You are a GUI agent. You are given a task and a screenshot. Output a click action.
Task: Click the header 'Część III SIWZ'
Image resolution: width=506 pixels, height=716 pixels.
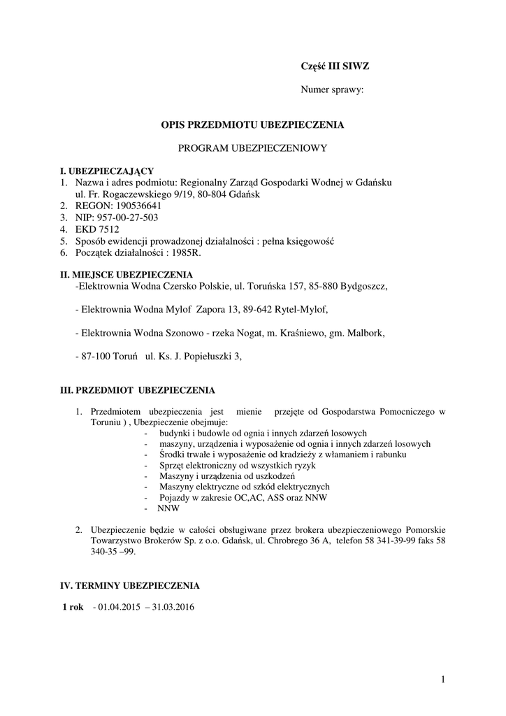coord(330,66)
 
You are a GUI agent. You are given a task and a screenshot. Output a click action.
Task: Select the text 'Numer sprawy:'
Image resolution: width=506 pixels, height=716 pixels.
coord(332,89)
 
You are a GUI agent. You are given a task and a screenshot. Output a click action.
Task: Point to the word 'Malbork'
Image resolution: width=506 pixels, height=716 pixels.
coord(366,333)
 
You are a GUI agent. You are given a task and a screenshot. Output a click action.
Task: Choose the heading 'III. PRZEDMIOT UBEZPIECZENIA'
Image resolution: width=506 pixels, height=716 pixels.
coord(138,389)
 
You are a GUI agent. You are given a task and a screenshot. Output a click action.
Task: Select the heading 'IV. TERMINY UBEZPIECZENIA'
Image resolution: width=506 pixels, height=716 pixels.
coord(130,585)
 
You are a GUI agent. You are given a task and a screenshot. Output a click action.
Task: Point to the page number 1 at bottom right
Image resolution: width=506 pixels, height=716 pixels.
coord(444,678)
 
